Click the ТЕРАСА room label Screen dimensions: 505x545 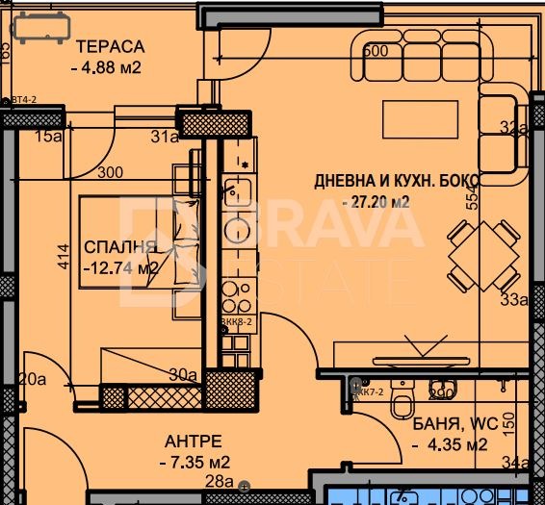(x=110, y=47)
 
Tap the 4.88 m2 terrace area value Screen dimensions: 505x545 (x=107, y=67)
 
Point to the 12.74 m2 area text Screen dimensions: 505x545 (x=120, y=268)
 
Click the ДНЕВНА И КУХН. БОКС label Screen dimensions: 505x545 (x=396, y=181)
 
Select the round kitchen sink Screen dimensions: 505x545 (x=236, y=228)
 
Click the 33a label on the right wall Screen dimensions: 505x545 (x=517, y=299)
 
